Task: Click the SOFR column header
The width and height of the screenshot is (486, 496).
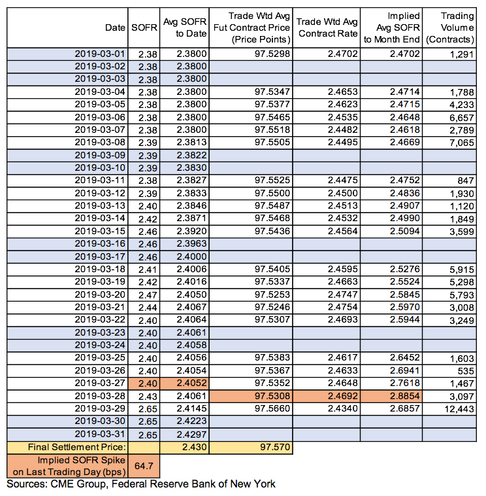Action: [x=144, y=28]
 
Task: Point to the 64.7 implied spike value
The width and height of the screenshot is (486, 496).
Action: [x=144, y=467]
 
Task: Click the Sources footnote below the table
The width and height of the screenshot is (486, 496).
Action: [x=140, y=484]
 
